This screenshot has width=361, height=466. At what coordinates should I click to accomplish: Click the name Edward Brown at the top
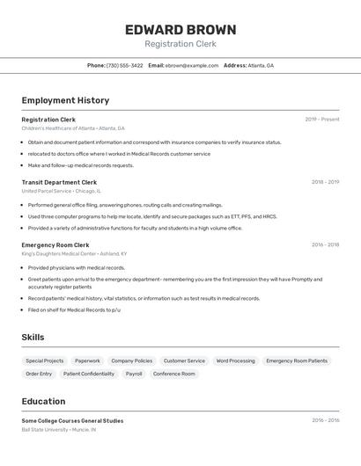click(180, 29)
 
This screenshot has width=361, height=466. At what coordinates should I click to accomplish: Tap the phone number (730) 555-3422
click(124, 65)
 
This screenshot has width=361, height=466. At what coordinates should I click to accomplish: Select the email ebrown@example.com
click(192, 65)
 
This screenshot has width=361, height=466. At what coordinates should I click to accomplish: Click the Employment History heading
click(65, 100)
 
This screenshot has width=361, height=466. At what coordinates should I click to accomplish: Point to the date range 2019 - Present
click(321, 120)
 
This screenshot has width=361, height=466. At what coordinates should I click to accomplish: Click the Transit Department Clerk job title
click(59, 182)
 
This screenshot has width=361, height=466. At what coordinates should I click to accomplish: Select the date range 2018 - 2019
click(325, 182)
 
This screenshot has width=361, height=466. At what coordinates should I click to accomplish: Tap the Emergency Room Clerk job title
click(55, 244)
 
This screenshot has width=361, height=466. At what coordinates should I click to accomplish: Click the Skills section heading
click(33, 337)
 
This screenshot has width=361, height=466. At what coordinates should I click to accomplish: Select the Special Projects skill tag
click(44, 360)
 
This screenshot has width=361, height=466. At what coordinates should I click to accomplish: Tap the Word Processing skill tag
click(235, 360)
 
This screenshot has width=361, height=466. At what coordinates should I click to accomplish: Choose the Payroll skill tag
click(134, 374)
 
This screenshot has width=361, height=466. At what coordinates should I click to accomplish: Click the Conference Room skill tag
click(173, 374)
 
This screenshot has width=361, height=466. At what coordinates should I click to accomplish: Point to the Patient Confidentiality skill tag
click(89, 374)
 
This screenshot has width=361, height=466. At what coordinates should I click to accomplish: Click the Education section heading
click(43, 401)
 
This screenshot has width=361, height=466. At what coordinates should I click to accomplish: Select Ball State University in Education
click(46, 430)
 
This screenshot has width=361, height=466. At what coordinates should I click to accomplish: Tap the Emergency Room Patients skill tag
click(297, 360)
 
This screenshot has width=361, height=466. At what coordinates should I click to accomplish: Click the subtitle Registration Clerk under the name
click(180, 44)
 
